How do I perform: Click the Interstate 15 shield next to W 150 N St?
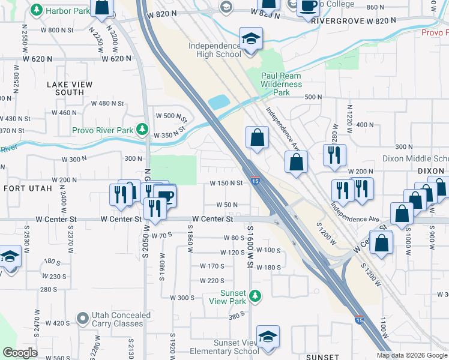[256, 181]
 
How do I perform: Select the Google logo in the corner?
[19, 353]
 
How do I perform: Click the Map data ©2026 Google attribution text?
[412, 355]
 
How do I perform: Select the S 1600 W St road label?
[250, 243]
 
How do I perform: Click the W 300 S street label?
[182, 298]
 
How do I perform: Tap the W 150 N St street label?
[226, 184]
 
